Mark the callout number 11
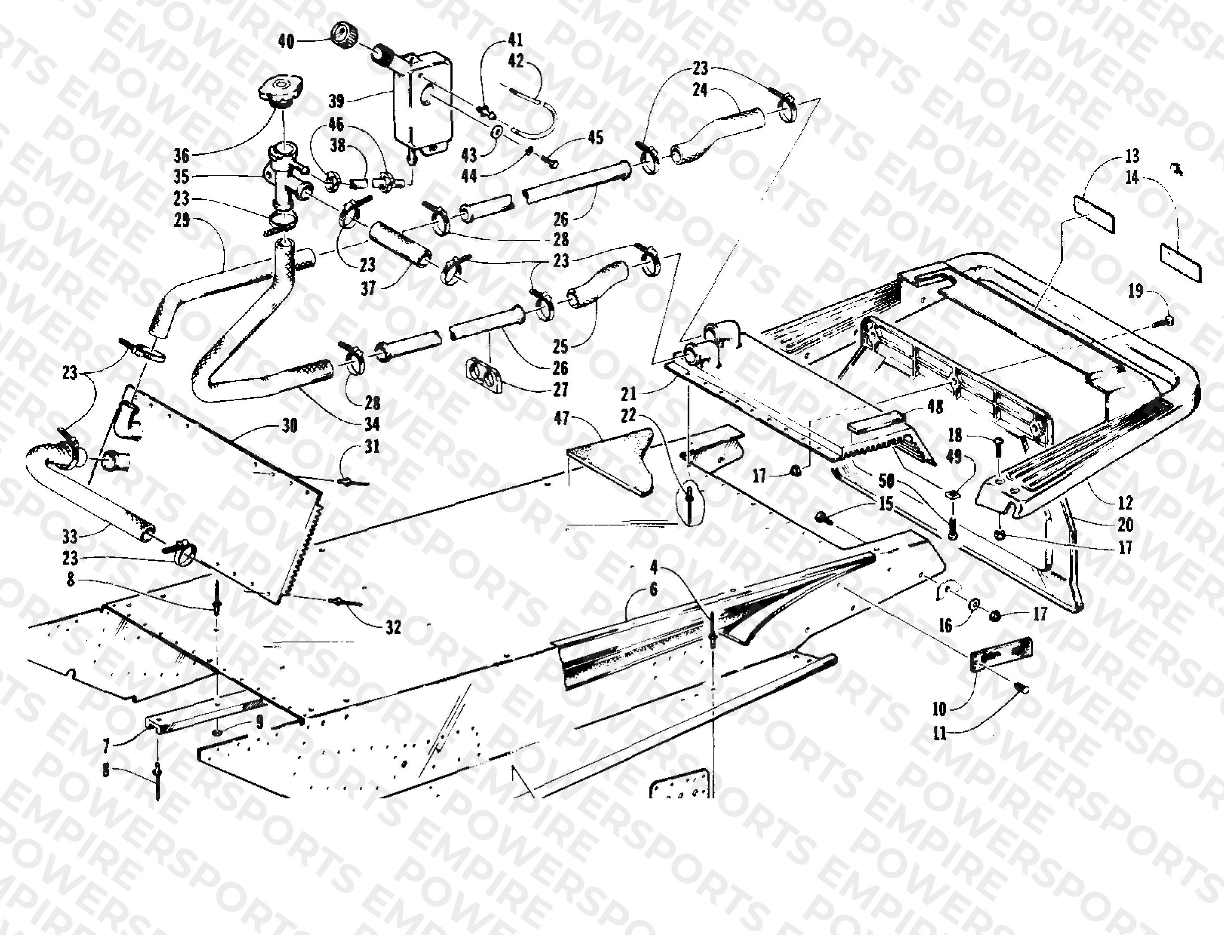click(x=939, y=733)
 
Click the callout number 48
click(x=935, y=407)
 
